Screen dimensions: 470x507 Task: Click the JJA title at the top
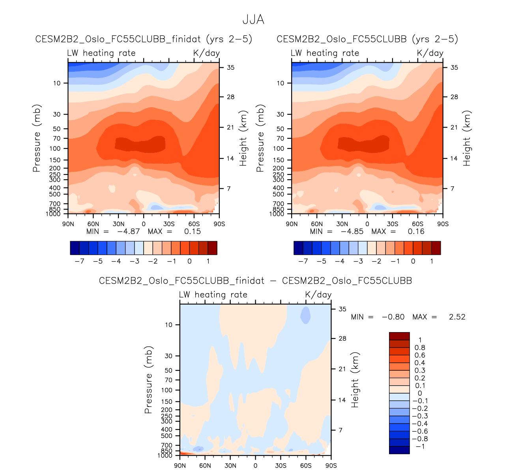click(253, 19)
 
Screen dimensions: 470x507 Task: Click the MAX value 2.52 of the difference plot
click(457, 317)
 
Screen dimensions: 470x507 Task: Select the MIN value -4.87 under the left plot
click(128, 231)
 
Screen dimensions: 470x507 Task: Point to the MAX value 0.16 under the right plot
click(416, 231)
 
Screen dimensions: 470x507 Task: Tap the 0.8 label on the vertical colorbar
click(420, 347)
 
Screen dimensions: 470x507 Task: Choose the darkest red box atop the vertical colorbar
click(399, 336)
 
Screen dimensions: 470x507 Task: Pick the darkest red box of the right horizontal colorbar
click(436, 248)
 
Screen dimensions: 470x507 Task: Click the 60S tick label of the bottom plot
click(306, 466)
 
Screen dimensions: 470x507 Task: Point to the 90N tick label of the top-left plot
click(68, 224)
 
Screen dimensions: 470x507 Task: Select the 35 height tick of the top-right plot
click(455, 68)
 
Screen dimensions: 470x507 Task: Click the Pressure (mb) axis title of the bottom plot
click(148, 380)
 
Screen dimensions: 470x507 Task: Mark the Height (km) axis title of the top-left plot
click(243, 138)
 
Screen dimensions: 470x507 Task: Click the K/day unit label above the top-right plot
click(430, 53)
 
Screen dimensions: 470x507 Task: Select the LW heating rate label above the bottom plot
click(213, 295)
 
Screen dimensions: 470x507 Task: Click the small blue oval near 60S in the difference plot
click(305, 315)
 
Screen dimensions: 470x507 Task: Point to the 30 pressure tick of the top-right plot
click(280, 114)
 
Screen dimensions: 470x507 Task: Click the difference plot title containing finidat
click(255, 281)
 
